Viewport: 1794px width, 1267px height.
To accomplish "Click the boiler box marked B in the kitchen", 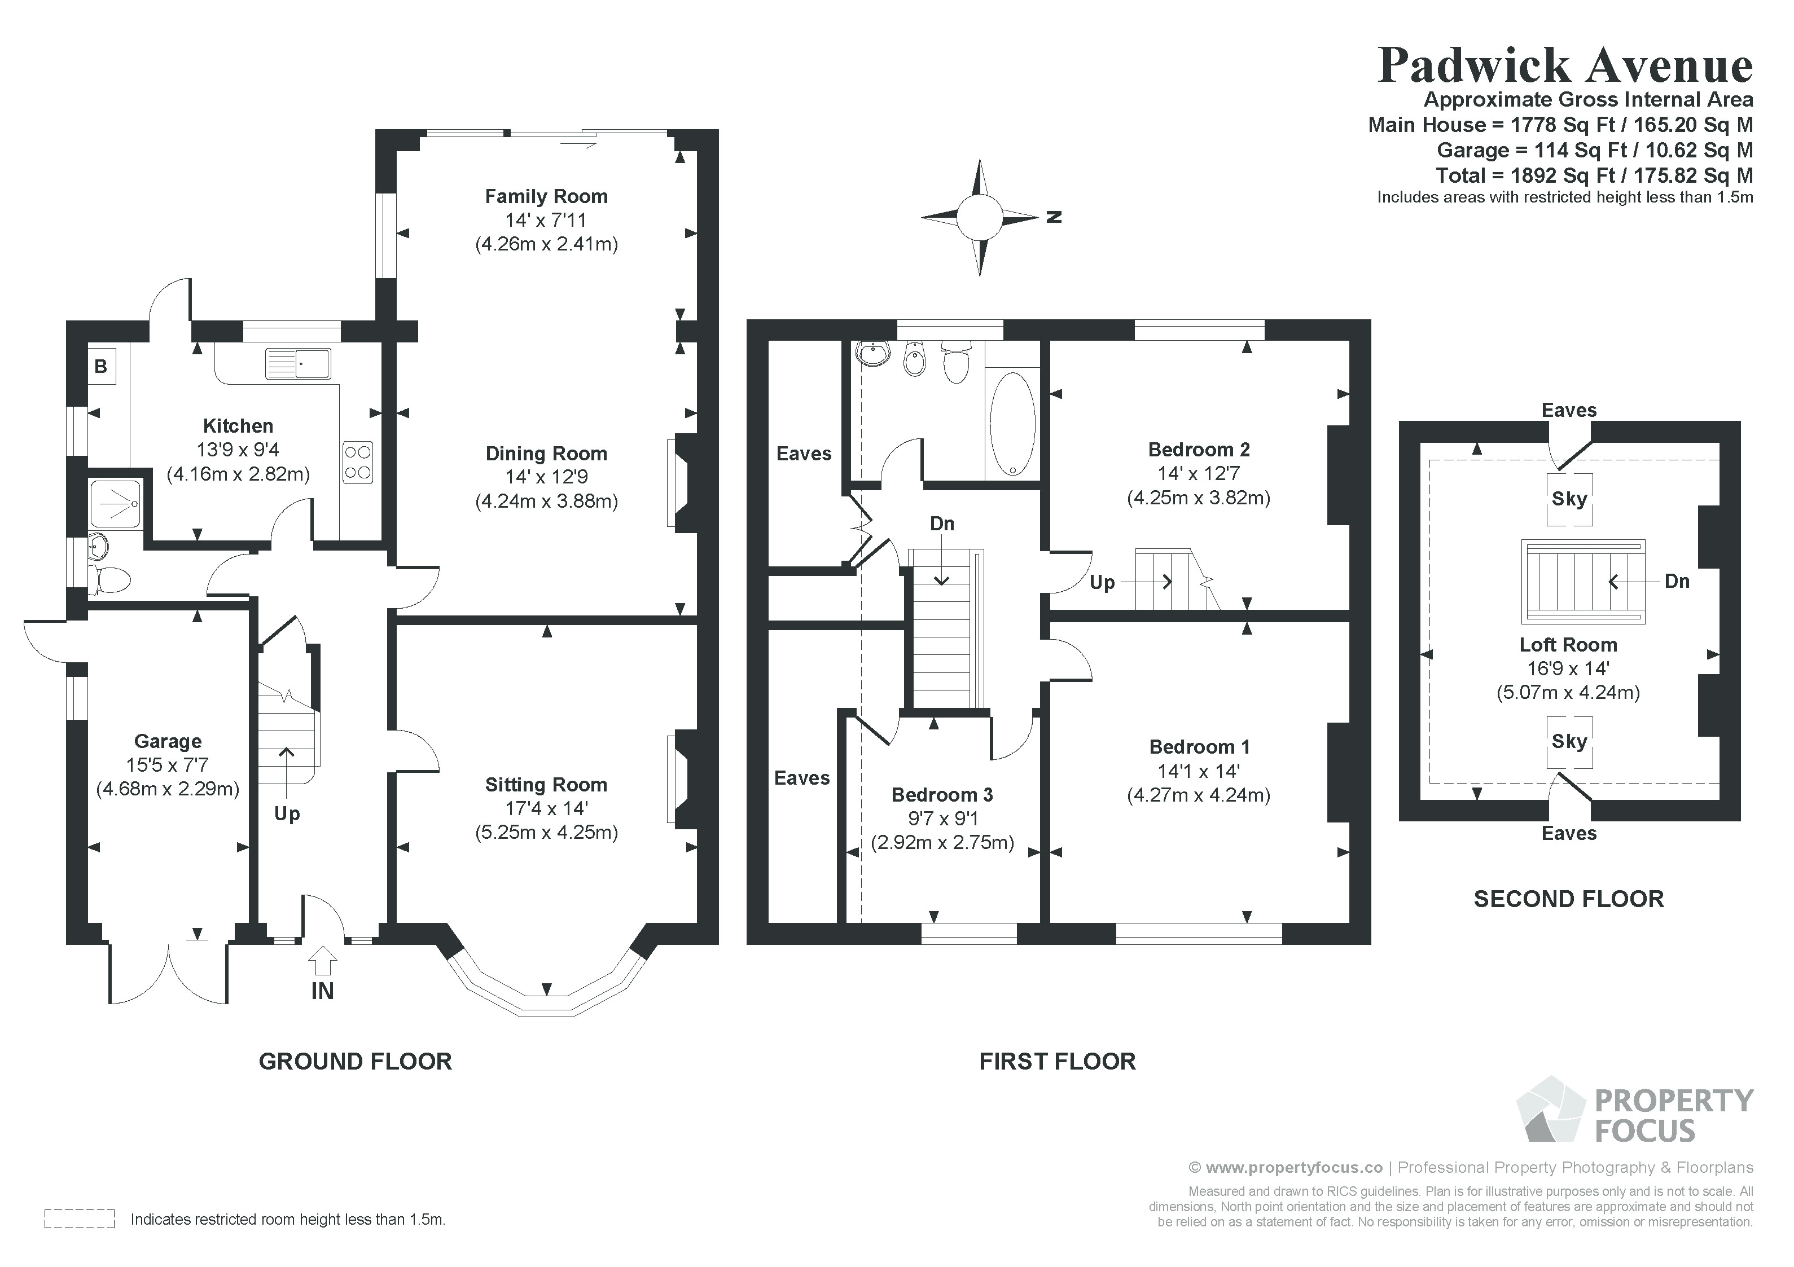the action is point(102,366).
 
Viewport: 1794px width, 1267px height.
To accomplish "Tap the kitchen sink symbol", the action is point(298,364).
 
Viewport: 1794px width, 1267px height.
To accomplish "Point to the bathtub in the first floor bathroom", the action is point(1012,424).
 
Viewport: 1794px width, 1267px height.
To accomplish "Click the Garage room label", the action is point(168,741).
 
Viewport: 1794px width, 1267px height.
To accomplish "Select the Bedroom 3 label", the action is point(942,795).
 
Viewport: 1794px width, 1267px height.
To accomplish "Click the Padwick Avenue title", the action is point(1565,65).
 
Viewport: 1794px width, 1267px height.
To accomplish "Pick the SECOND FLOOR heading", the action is point(1569,899).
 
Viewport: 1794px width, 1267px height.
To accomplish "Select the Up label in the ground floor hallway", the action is point(287,815).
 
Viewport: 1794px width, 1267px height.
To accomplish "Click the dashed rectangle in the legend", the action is point(80,1218).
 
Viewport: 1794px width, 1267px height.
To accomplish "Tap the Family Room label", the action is point(546,197).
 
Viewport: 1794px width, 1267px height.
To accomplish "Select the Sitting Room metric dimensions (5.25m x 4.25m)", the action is point(546,832).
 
